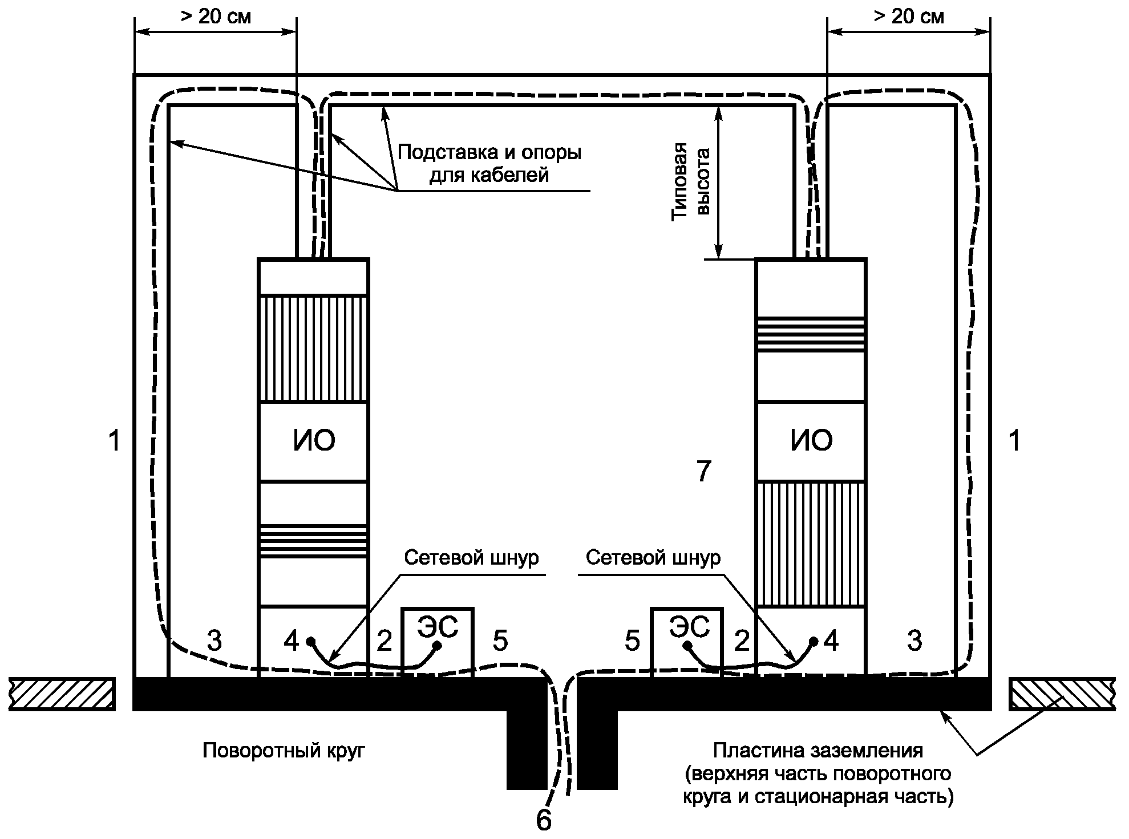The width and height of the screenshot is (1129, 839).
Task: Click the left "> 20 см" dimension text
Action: (x=216, y=17)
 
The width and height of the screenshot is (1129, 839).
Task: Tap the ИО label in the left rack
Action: (x=314, y=441)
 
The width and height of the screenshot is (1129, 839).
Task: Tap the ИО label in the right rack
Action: (x=811, y=441)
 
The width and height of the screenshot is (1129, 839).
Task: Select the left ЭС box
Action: (x=438, y=642)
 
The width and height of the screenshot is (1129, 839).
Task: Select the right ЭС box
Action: (x=686, y=642)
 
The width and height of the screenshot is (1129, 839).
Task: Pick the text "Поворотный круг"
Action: (x=284, y=751)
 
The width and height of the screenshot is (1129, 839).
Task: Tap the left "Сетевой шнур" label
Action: (x=471, y=557)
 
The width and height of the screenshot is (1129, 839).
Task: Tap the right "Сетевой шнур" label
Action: (x=653, y=557)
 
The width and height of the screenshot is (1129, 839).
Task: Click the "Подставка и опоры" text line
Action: (x=489, y=153)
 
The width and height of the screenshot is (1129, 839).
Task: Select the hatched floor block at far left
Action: (x=62, y=694)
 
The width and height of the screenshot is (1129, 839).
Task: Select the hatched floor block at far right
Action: (x=1062, y=694)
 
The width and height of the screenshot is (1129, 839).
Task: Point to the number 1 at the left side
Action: (x=115, y=441)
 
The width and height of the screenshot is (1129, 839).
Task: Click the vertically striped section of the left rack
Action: (x=313, y=348)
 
